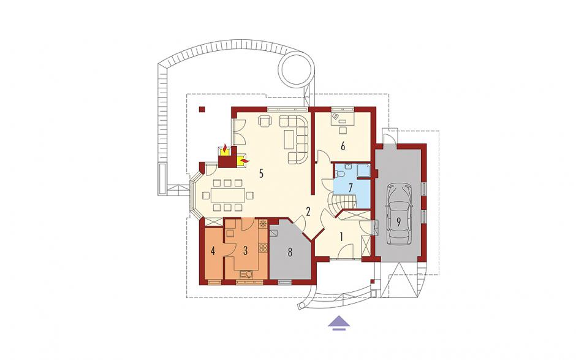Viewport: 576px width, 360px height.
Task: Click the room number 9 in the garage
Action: [398, 221]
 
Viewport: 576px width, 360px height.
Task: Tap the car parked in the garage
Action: [399, 214]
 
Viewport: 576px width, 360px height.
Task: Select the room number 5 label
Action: [261, 174]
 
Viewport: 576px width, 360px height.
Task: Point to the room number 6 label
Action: [343, 147]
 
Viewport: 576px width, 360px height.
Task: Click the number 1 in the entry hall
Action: [341, 237]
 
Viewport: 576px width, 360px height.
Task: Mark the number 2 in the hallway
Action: [308, 211]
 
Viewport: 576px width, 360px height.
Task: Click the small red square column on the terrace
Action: [202, 109]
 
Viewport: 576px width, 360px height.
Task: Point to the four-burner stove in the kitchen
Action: [263, 248]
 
